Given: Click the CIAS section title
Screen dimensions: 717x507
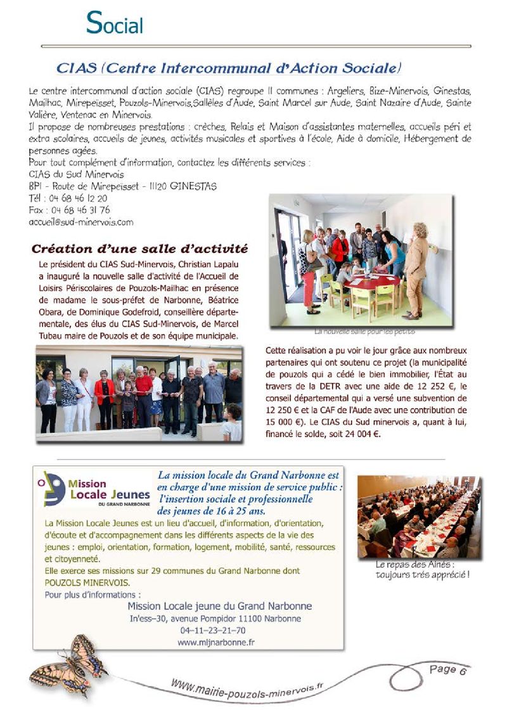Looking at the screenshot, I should coord(229,67).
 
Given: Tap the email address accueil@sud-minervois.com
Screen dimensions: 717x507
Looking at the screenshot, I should coord(81,222).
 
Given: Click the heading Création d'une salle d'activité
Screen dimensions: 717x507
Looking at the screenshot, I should coord(139,248).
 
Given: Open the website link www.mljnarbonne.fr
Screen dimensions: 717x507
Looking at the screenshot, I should coord(215,642).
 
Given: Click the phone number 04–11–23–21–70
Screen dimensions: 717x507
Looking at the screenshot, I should coord(213,631).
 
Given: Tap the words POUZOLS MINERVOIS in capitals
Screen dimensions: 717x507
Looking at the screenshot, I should coord(87,582).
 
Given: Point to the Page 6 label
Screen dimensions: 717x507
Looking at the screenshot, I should coord(447,669).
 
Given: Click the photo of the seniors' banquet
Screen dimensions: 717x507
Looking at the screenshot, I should coord(419,516).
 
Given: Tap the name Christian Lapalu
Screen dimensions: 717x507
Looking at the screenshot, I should coord(189,264).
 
